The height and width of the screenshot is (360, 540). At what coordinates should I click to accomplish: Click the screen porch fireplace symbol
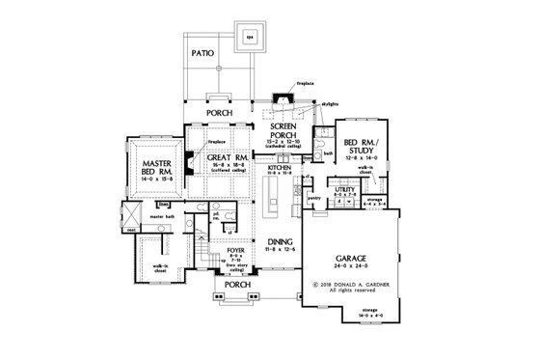point(281,98)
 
